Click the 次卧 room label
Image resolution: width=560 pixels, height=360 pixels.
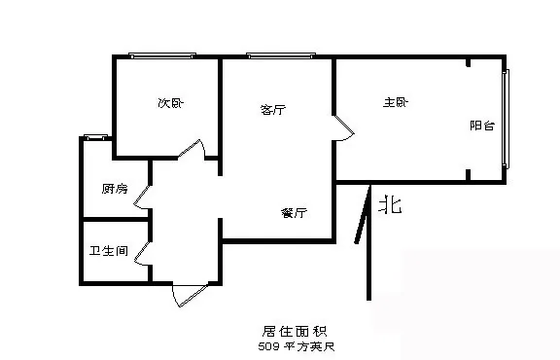click(171, 103)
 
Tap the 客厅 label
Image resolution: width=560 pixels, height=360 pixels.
click(273, 109)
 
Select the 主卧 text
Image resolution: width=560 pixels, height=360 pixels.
click(396, 102)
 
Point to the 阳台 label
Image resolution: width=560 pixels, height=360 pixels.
click(482, 126)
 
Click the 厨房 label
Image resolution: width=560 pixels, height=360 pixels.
click(115, 189)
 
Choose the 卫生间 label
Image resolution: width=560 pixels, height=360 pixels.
click(109, 251)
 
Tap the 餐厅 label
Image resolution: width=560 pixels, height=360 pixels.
click(294, 213)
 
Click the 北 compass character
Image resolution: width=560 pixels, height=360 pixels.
click(390, 205)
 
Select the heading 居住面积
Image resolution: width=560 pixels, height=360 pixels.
click(295, 332)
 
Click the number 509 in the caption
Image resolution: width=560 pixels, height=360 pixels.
click(269, 346)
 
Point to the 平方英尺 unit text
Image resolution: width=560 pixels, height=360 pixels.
click(309, 346)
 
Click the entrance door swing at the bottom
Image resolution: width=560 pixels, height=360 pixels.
click(190, 295)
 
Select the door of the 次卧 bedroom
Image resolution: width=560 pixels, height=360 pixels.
click(192, 149)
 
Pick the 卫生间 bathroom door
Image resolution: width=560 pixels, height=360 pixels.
click(143, 254)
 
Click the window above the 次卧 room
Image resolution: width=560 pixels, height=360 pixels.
click(162, 55)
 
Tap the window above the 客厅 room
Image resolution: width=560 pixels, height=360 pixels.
click(281, 55)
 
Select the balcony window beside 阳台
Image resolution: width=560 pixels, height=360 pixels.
click(506, 119)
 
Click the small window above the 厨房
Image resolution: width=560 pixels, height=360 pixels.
click(95, 137)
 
